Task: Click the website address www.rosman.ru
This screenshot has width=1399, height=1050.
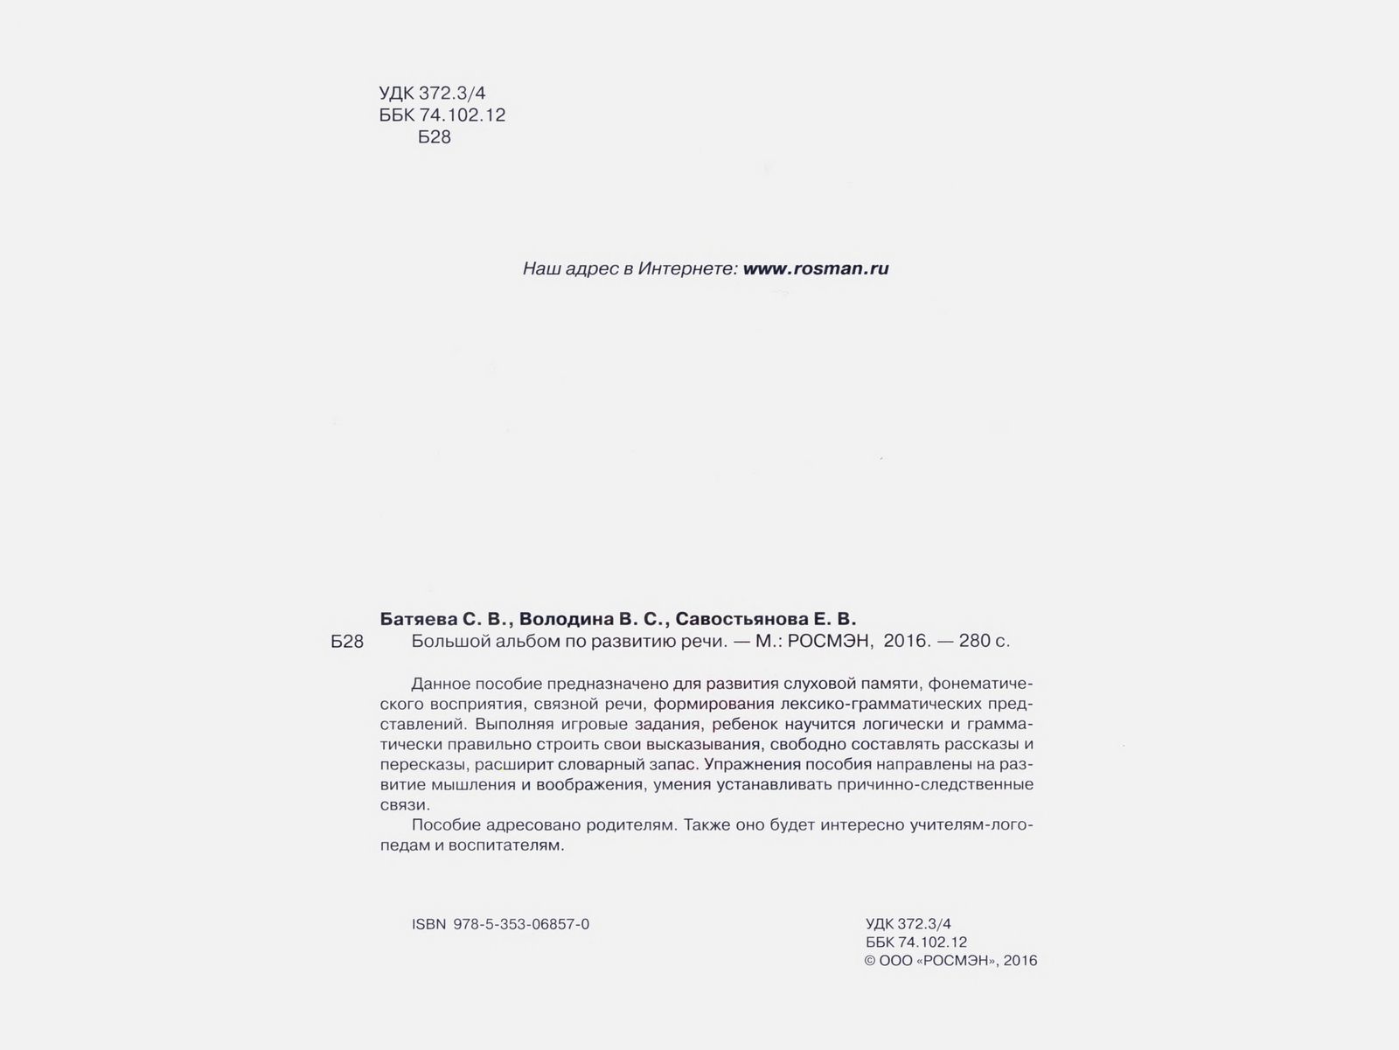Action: (815, 268)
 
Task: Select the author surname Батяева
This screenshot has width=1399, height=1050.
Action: (418, 619)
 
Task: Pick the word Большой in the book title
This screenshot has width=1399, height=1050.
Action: (444, 641)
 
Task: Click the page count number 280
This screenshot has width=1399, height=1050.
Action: (975, 641)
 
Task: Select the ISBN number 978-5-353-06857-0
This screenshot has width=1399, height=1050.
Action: (522, 924)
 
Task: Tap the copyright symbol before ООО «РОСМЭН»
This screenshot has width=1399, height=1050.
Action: (870, 961)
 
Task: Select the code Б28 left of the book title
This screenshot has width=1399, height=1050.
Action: (347, 642)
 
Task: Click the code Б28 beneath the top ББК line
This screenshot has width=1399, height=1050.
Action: (435, 137)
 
